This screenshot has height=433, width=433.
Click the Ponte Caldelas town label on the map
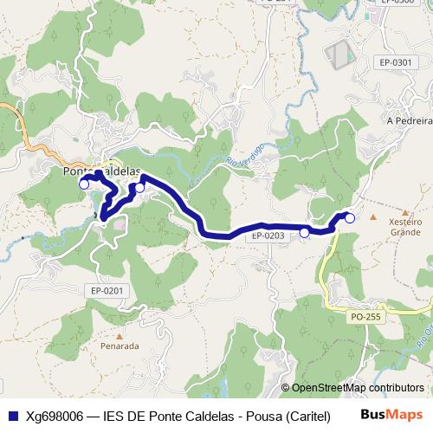tap(102, 171)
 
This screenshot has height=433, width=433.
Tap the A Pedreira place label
tap(408, 120)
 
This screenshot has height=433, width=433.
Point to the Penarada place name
tap(120, 346)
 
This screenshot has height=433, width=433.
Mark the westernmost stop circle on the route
tap(84, 184)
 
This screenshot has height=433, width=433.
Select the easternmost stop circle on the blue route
tap(350, 218)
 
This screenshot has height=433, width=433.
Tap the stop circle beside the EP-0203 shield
tap(304, 232)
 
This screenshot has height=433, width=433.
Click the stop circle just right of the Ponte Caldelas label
tap(139, 187)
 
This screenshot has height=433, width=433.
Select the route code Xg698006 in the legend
tap(56, 415)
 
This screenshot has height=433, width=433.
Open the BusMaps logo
tap(391, 414)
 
